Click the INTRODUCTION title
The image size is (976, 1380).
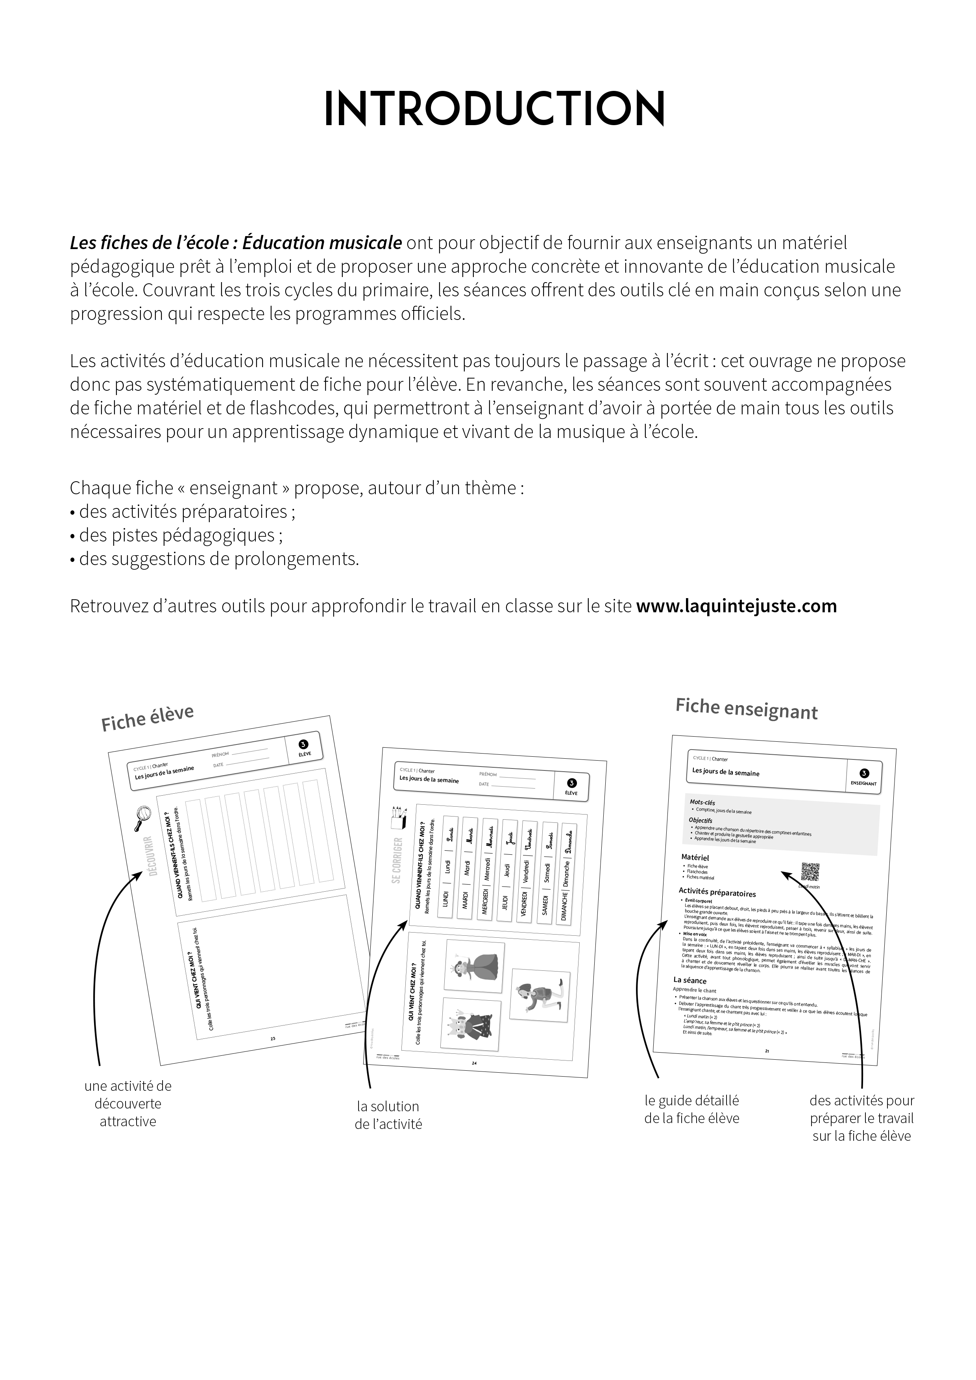(x=494, y=109)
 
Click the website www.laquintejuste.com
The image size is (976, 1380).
(x=736, y=606)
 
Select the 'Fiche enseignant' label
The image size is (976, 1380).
(x=747, y=709)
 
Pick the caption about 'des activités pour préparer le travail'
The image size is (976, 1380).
(x=861, y=1119)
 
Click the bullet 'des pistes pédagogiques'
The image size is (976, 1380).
(x=176, y=536)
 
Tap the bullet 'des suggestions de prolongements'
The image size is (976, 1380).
(x=214, y=559)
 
